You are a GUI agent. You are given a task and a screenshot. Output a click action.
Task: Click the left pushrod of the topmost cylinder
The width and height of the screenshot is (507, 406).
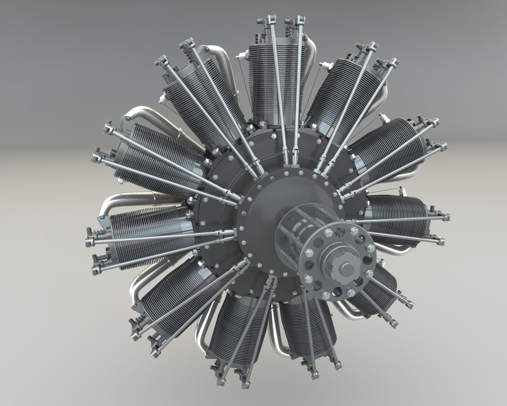(x=278, y=91)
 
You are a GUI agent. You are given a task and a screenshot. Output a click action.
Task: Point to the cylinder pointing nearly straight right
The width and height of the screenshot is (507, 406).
(x=401, y=213)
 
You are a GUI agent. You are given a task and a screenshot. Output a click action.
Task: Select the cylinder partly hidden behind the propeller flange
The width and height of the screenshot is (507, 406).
(x=378, y=289)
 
